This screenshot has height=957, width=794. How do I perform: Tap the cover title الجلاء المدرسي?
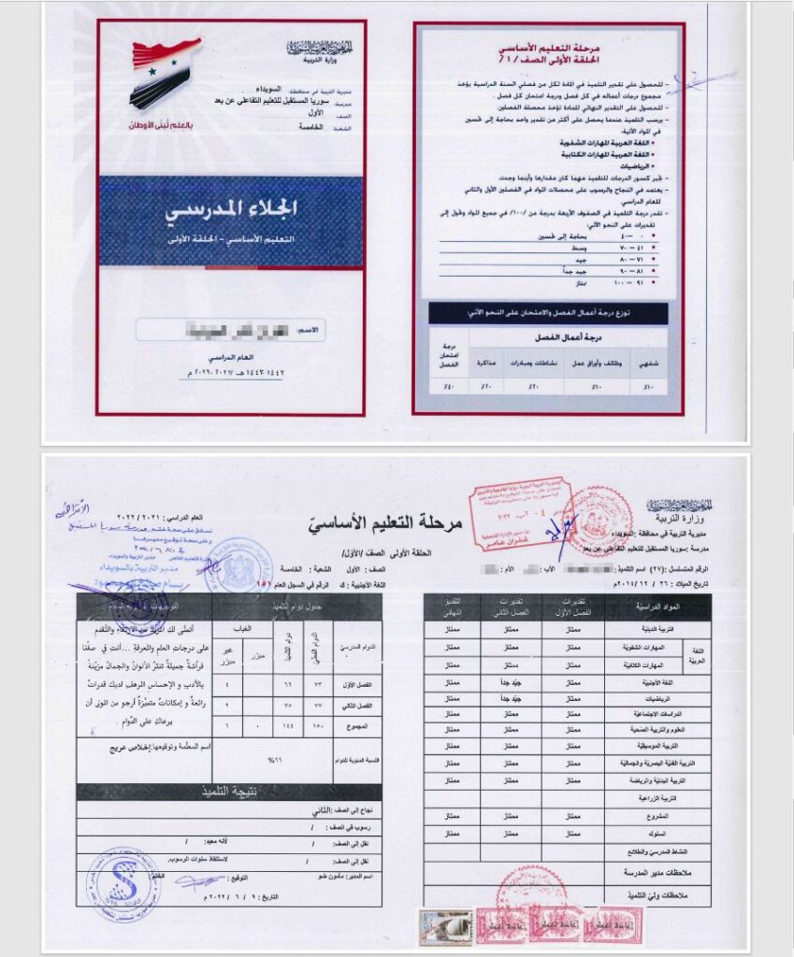coord(230,208)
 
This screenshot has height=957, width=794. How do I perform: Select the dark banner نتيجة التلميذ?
coord(229,793)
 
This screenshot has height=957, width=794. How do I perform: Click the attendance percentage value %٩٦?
coord(274,760)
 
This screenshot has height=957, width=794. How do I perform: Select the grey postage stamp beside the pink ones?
coord(445,926)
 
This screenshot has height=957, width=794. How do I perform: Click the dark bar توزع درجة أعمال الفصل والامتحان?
coord(548,313)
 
